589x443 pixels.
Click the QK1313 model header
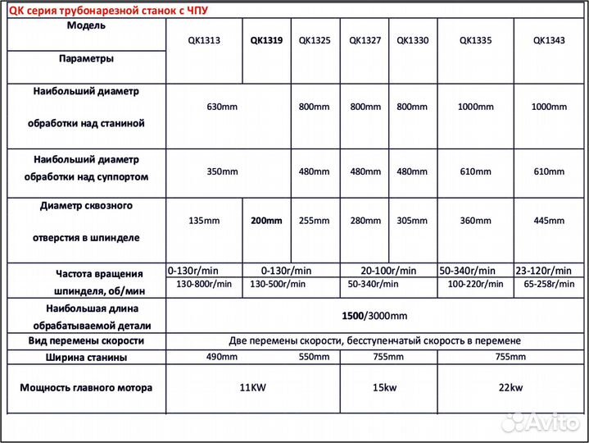pos(204,40)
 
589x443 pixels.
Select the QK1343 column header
pos(550,40)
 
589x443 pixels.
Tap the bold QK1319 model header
pos(266,40)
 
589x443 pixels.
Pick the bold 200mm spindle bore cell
pos(266,221)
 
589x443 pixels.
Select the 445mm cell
pos(550,221)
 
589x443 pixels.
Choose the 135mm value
pos(204,221)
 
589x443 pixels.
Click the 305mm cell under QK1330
pos(414,221)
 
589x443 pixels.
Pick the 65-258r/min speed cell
pos(550,284)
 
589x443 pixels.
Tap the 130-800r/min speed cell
pos(204,284)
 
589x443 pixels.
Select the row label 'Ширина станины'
pos(87,357)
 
